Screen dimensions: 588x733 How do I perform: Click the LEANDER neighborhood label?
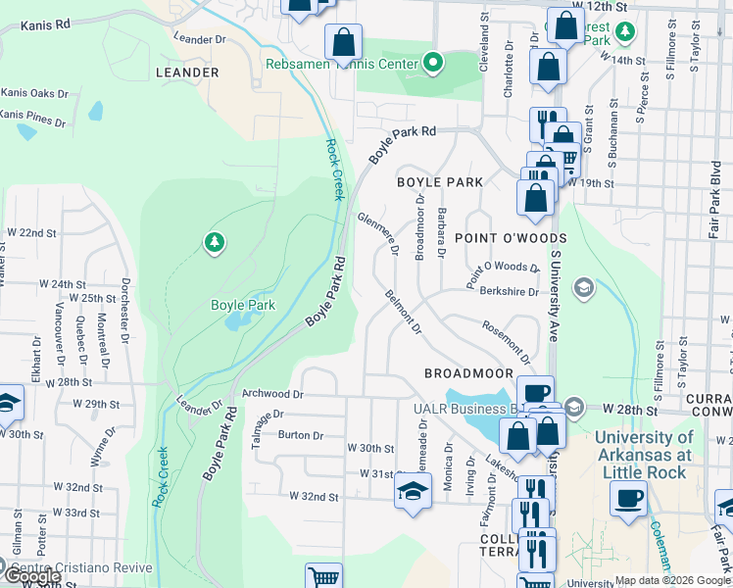pos(186,73)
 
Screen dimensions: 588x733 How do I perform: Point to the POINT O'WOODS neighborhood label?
pos(511,238)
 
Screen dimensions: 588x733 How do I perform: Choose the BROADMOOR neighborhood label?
pos(468,373)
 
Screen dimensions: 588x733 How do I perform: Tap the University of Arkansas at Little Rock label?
pos(643,447)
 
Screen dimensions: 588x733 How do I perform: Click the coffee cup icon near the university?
pos(627,496)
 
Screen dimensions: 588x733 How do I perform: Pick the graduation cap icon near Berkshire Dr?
pos(583,287)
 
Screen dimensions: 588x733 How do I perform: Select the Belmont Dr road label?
pos(403,312)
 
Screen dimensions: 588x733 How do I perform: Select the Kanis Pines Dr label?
pos(33,119)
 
